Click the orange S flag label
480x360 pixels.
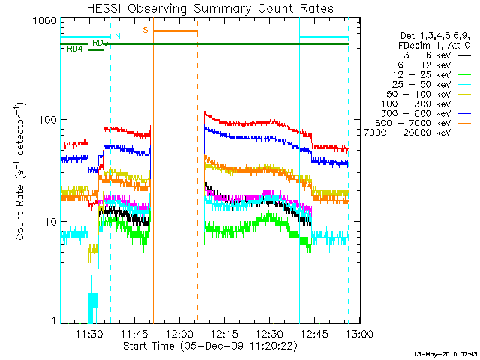(145, 30)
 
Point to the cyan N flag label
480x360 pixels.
(116, 36)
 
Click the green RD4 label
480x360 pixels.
(75, 49)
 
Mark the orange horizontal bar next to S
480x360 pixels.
(175, 31)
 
